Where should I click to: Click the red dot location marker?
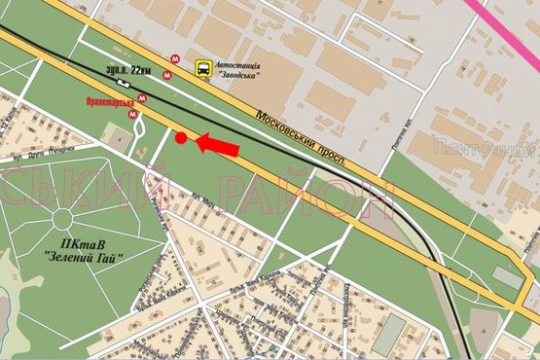point(181,138)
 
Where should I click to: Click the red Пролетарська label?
point(109,98)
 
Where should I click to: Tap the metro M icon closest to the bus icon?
point(173,59)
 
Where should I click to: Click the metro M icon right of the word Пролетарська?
point(143,97)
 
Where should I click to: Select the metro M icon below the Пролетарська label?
point(133,114)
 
